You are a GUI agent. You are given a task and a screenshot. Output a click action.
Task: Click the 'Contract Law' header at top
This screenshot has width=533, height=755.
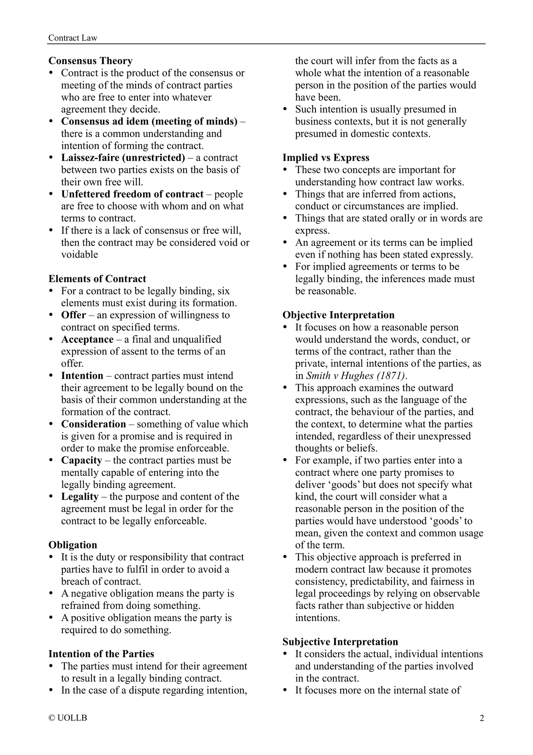coord(73,38)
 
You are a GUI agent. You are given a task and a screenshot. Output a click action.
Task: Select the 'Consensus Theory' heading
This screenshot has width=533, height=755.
coord(90,61)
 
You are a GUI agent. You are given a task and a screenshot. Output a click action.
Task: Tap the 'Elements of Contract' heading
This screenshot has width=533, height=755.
coord(97,279)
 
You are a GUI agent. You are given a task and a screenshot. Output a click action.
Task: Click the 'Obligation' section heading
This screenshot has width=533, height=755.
coord(73,545)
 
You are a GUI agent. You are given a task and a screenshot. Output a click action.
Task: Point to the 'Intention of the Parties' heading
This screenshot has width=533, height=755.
coord(101,654)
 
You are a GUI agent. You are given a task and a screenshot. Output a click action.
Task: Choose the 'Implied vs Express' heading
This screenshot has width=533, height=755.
coord(326,158)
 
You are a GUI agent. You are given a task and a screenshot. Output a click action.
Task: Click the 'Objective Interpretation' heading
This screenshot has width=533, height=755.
coord(338,315)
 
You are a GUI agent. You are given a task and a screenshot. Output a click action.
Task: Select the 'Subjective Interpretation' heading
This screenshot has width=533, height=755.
coord(340,642)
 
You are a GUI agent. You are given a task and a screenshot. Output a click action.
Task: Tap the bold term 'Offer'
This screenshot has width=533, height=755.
coord(73,315)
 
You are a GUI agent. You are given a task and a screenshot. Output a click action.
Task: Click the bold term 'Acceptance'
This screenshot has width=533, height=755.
coord(87,339)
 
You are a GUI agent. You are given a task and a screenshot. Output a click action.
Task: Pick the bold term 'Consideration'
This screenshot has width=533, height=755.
coord(93,424)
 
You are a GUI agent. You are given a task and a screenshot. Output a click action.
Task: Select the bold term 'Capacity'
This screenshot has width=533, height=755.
coord(81,460)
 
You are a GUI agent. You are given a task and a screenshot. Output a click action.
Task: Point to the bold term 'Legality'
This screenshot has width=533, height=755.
coord(80,497)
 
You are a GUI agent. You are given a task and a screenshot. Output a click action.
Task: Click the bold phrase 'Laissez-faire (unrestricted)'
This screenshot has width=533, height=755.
coord(123,158)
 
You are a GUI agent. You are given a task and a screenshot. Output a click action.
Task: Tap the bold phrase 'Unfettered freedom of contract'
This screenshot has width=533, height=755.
coord(132,194)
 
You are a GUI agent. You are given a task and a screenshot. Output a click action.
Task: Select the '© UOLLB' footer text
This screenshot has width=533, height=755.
coord(68,718)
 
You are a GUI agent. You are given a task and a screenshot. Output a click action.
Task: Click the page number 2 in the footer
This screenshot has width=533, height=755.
coord(481,718)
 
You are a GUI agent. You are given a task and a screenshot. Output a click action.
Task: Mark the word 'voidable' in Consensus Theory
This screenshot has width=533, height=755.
coord(79,254)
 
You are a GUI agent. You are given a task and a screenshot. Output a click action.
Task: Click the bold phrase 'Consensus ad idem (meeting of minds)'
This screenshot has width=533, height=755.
coord(149,121)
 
